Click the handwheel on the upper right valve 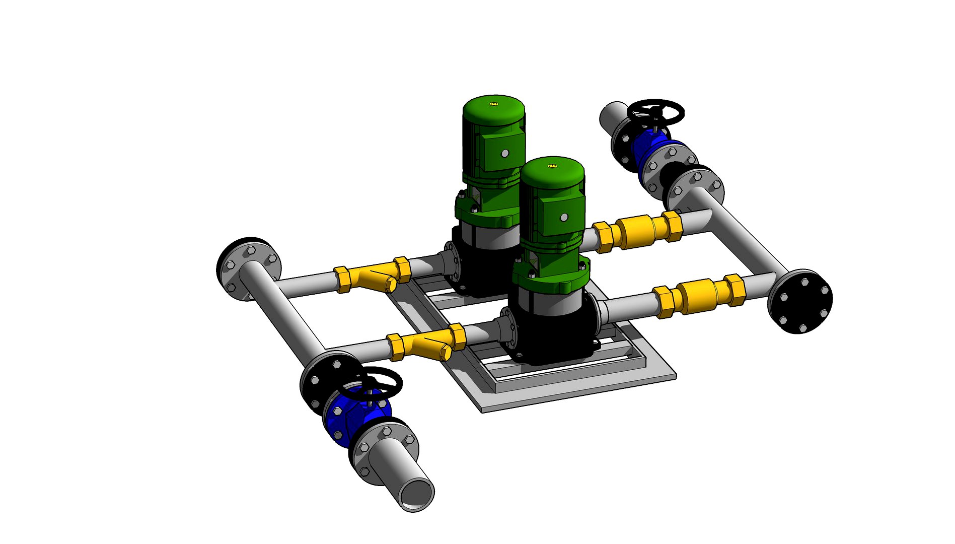[x=656, y=110]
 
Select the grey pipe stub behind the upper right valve [x=613, y=116]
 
